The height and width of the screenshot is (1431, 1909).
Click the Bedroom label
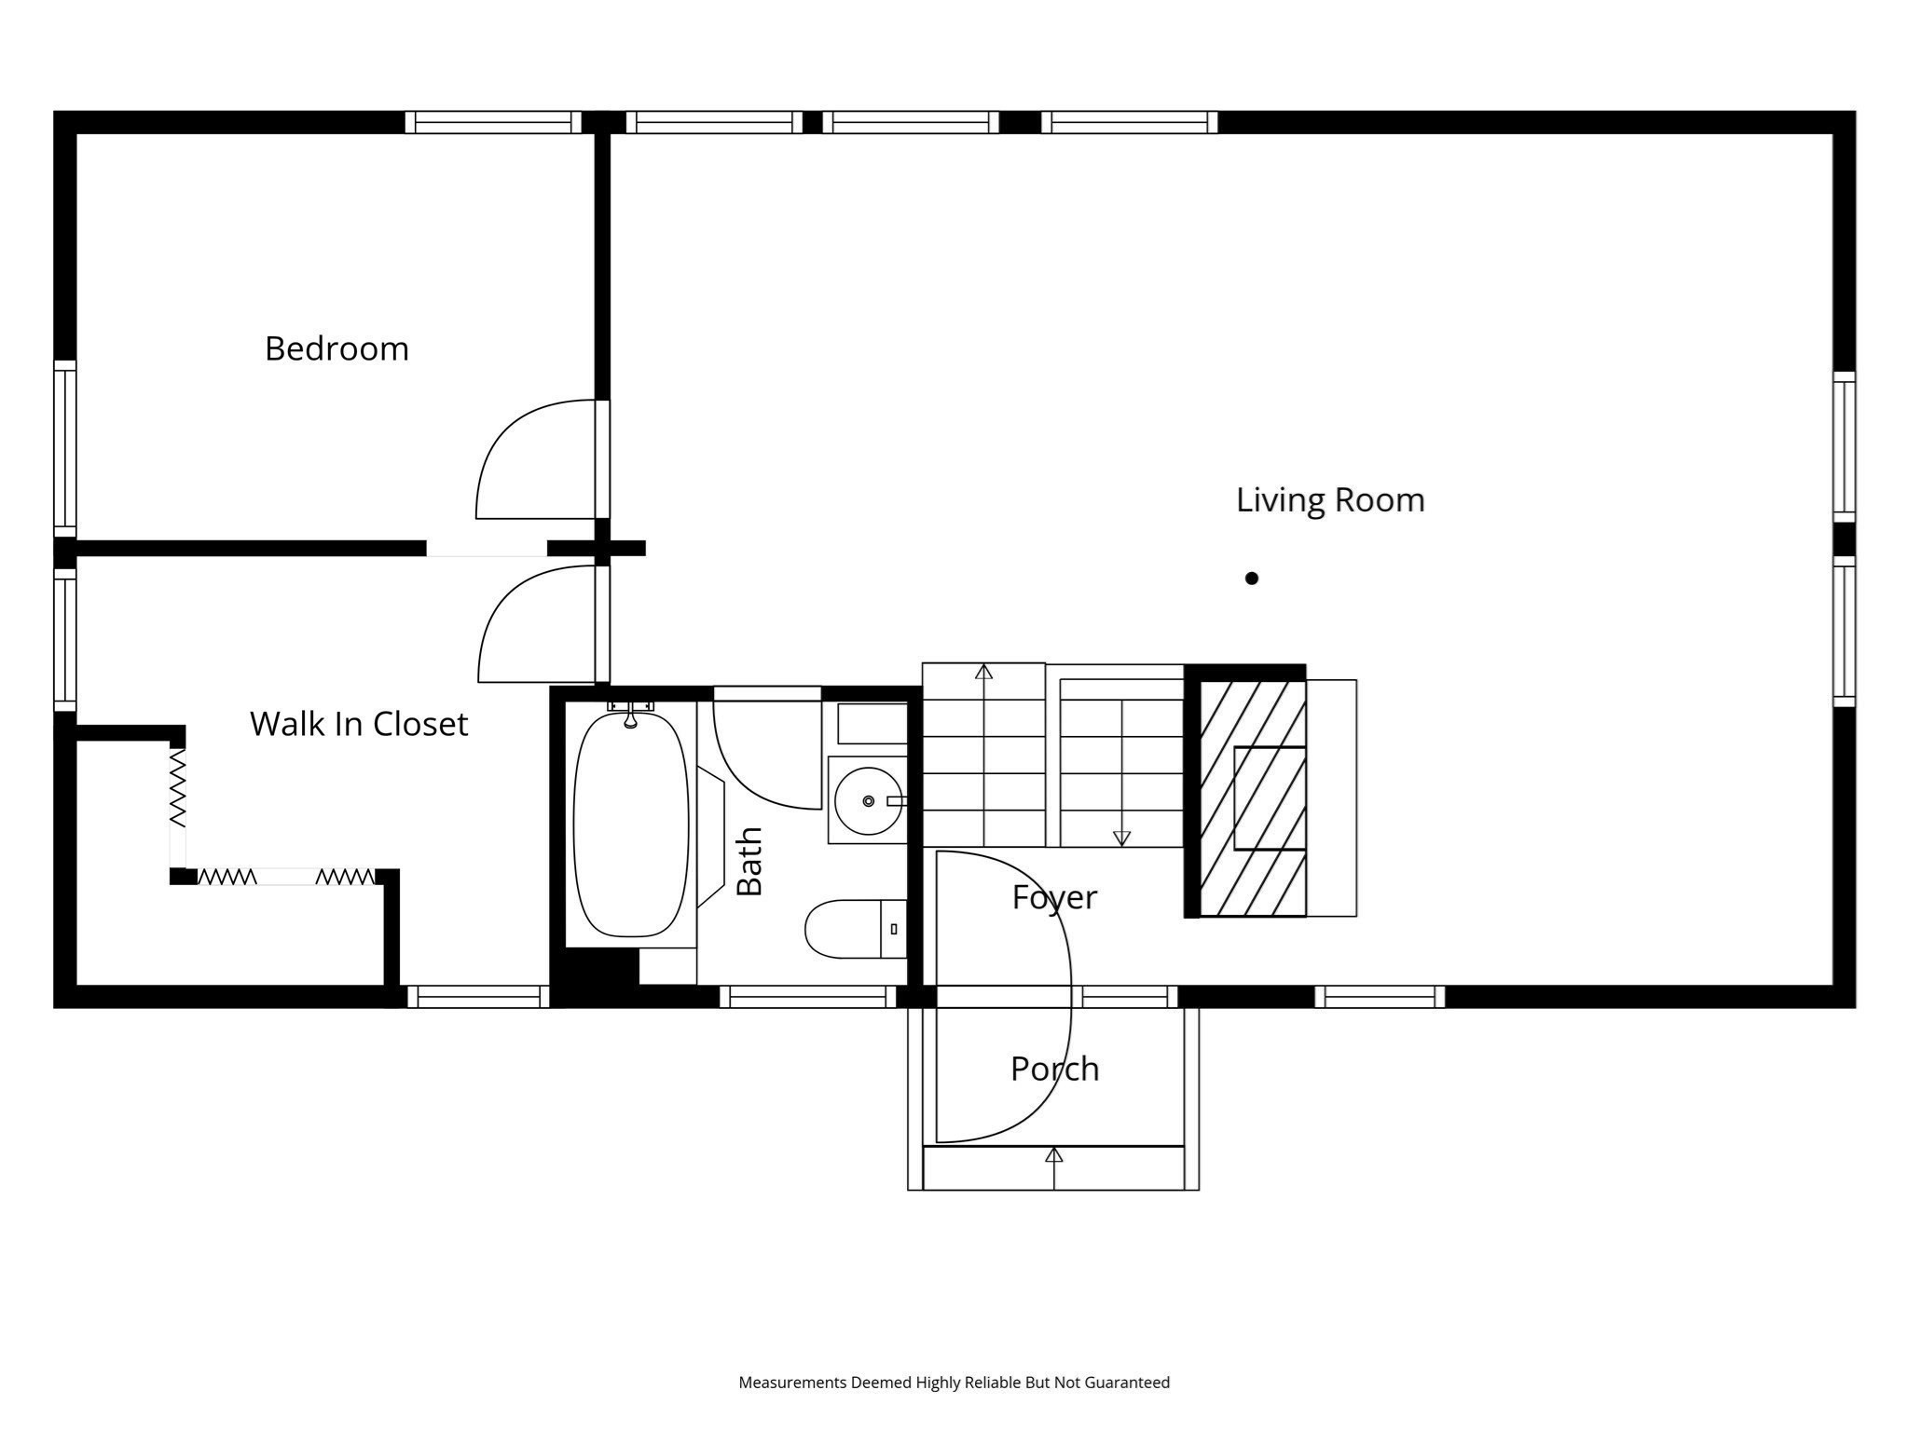coord(336,349)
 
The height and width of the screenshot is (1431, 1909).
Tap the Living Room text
coord(1329,500)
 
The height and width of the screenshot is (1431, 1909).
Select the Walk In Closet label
coord(359,724)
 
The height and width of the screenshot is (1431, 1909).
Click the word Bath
coord(750,861)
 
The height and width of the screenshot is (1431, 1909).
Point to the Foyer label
coord(1054,897)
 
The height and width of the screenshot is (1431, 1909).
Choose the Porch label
coord(1054,1069)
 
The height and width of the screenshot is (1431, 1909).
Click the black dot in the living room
coord(1252,579)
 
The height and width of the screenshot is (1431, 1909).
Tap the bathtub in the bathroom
coord(631,825)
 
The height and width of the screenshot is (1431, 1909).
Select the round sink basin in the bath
coord(867,801)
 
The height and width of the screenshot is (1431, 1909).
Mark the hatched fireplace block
coord(1251,798)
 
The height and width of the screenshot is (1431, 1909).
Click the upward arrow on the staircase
coord(983,672)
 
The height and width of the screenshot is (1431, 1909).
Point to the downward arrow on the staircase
coord(1121,837)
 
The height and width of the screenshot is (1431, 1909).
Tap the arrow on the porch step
coord(1053,1155)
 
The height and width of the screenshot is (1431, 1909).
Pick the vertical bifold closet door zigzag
coord(177,788)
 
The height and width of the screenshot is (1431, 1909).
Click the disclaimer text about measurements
coord(954,1383)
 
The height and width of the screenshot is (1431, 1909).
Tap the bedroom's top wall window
coord(493,122)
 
